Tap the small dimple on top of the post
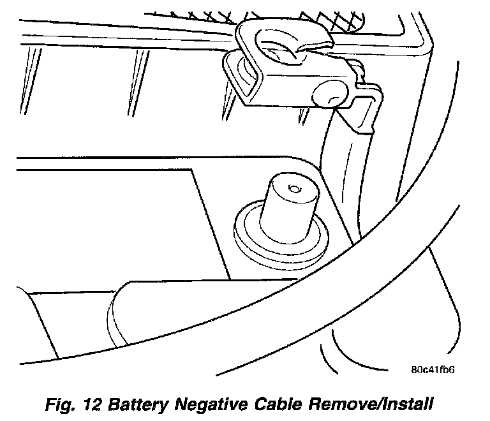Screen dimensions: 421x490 pos(293,188)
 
